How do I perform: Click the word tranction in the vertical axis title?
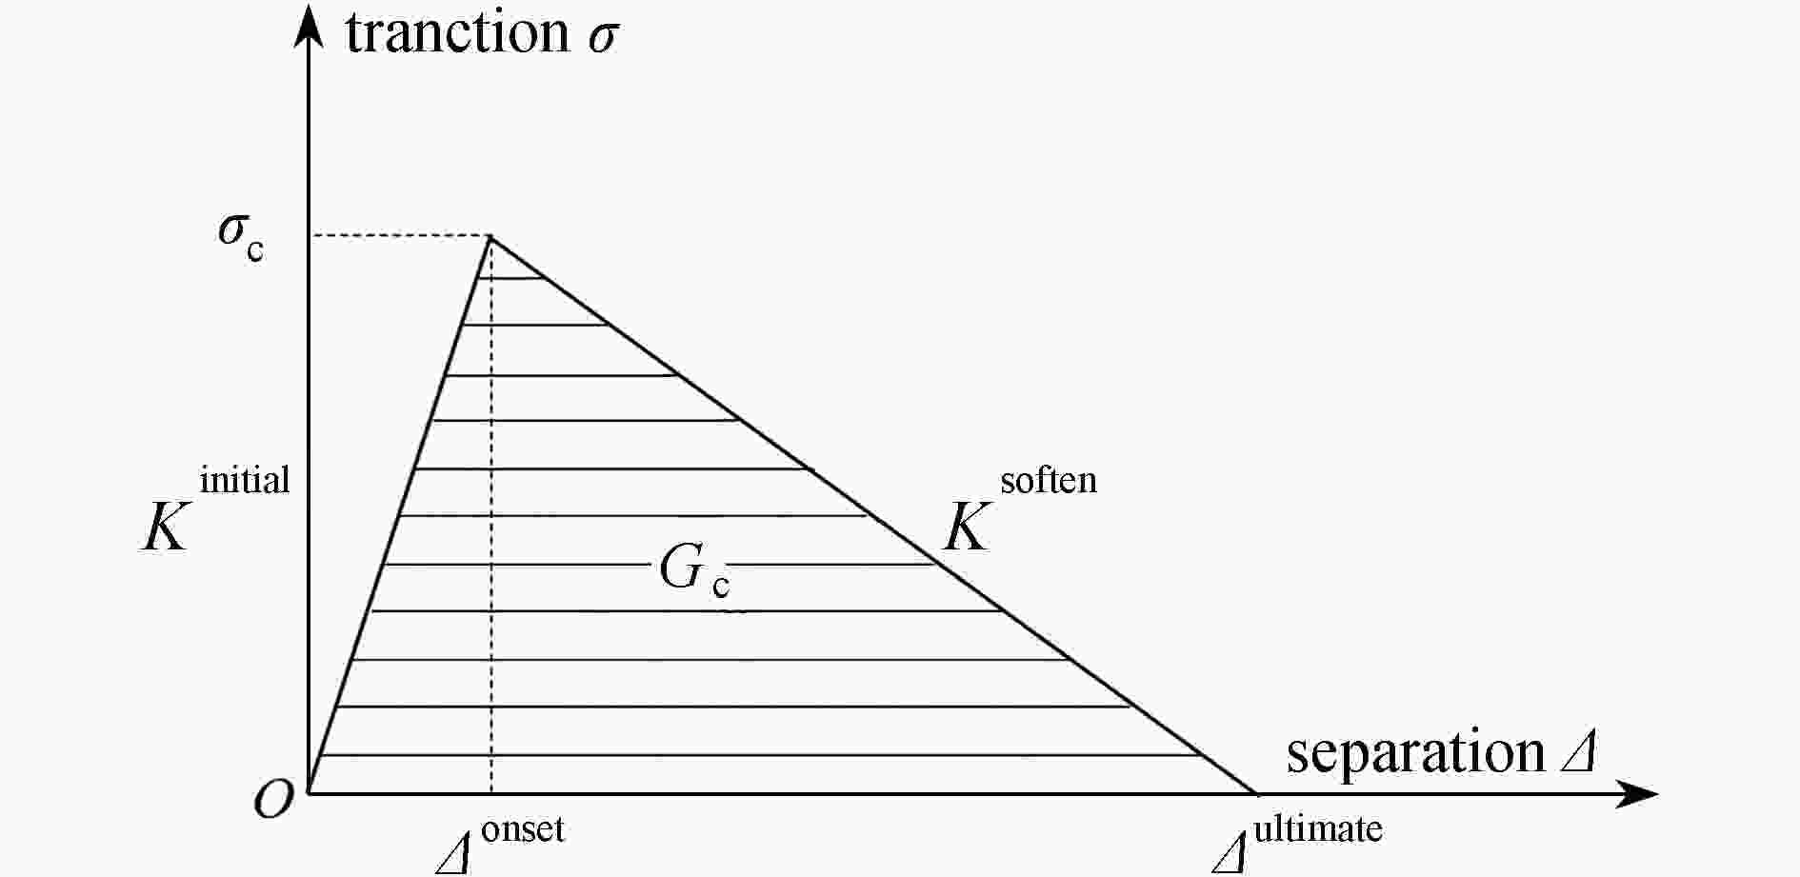point(457,32)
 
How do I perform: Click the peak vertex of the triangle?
point(490,236)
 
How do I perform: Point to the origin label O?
point(273,800)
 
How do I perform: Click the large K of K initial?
point(164,528)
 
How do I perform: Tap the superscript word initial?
point(245,479)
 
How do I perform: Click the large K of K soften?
point(967,528)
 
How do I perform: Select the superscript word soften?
point(1049,480)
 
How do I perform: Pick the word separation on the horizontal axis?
point(1415,752)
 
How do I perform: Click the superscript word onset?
point(523,829)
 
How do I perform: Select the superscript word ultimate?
point(1318,828)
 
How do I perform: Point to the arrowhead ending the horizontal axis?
point(1638,793)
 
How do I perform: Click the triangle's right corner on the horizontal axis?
point(1255,792)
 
